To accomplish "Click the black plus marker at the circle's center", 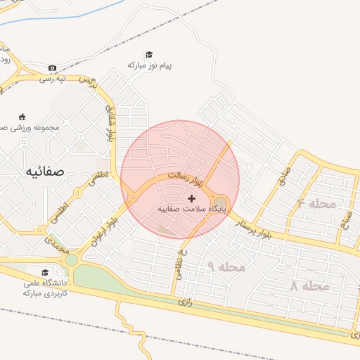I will pos(191,198).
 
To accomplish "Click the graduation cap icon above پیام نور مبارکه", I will pos(149,54).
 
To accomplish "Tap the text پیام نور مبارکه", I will pos(149,65).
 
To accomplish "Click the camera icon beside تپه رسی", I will pos(52,68).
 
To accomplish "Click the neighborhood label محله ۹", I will pos(226,266).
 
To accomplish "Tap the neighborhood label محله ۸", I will pos(310,286).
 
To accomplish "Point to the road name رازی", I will pos(186,302).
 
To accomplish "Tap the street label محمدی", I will pos(57,245).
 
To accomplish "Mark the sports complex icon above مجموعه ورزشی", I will pos(22,117).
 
